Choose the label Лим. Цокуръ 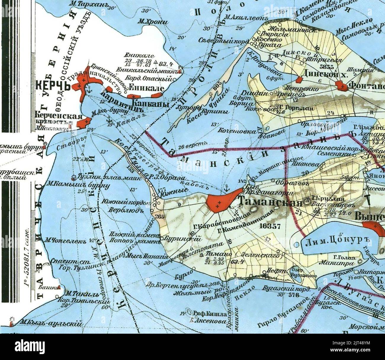pyautogui.click(x=332, y=243)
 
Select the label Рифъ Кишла pyautogui.click(x=210, y=314)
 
